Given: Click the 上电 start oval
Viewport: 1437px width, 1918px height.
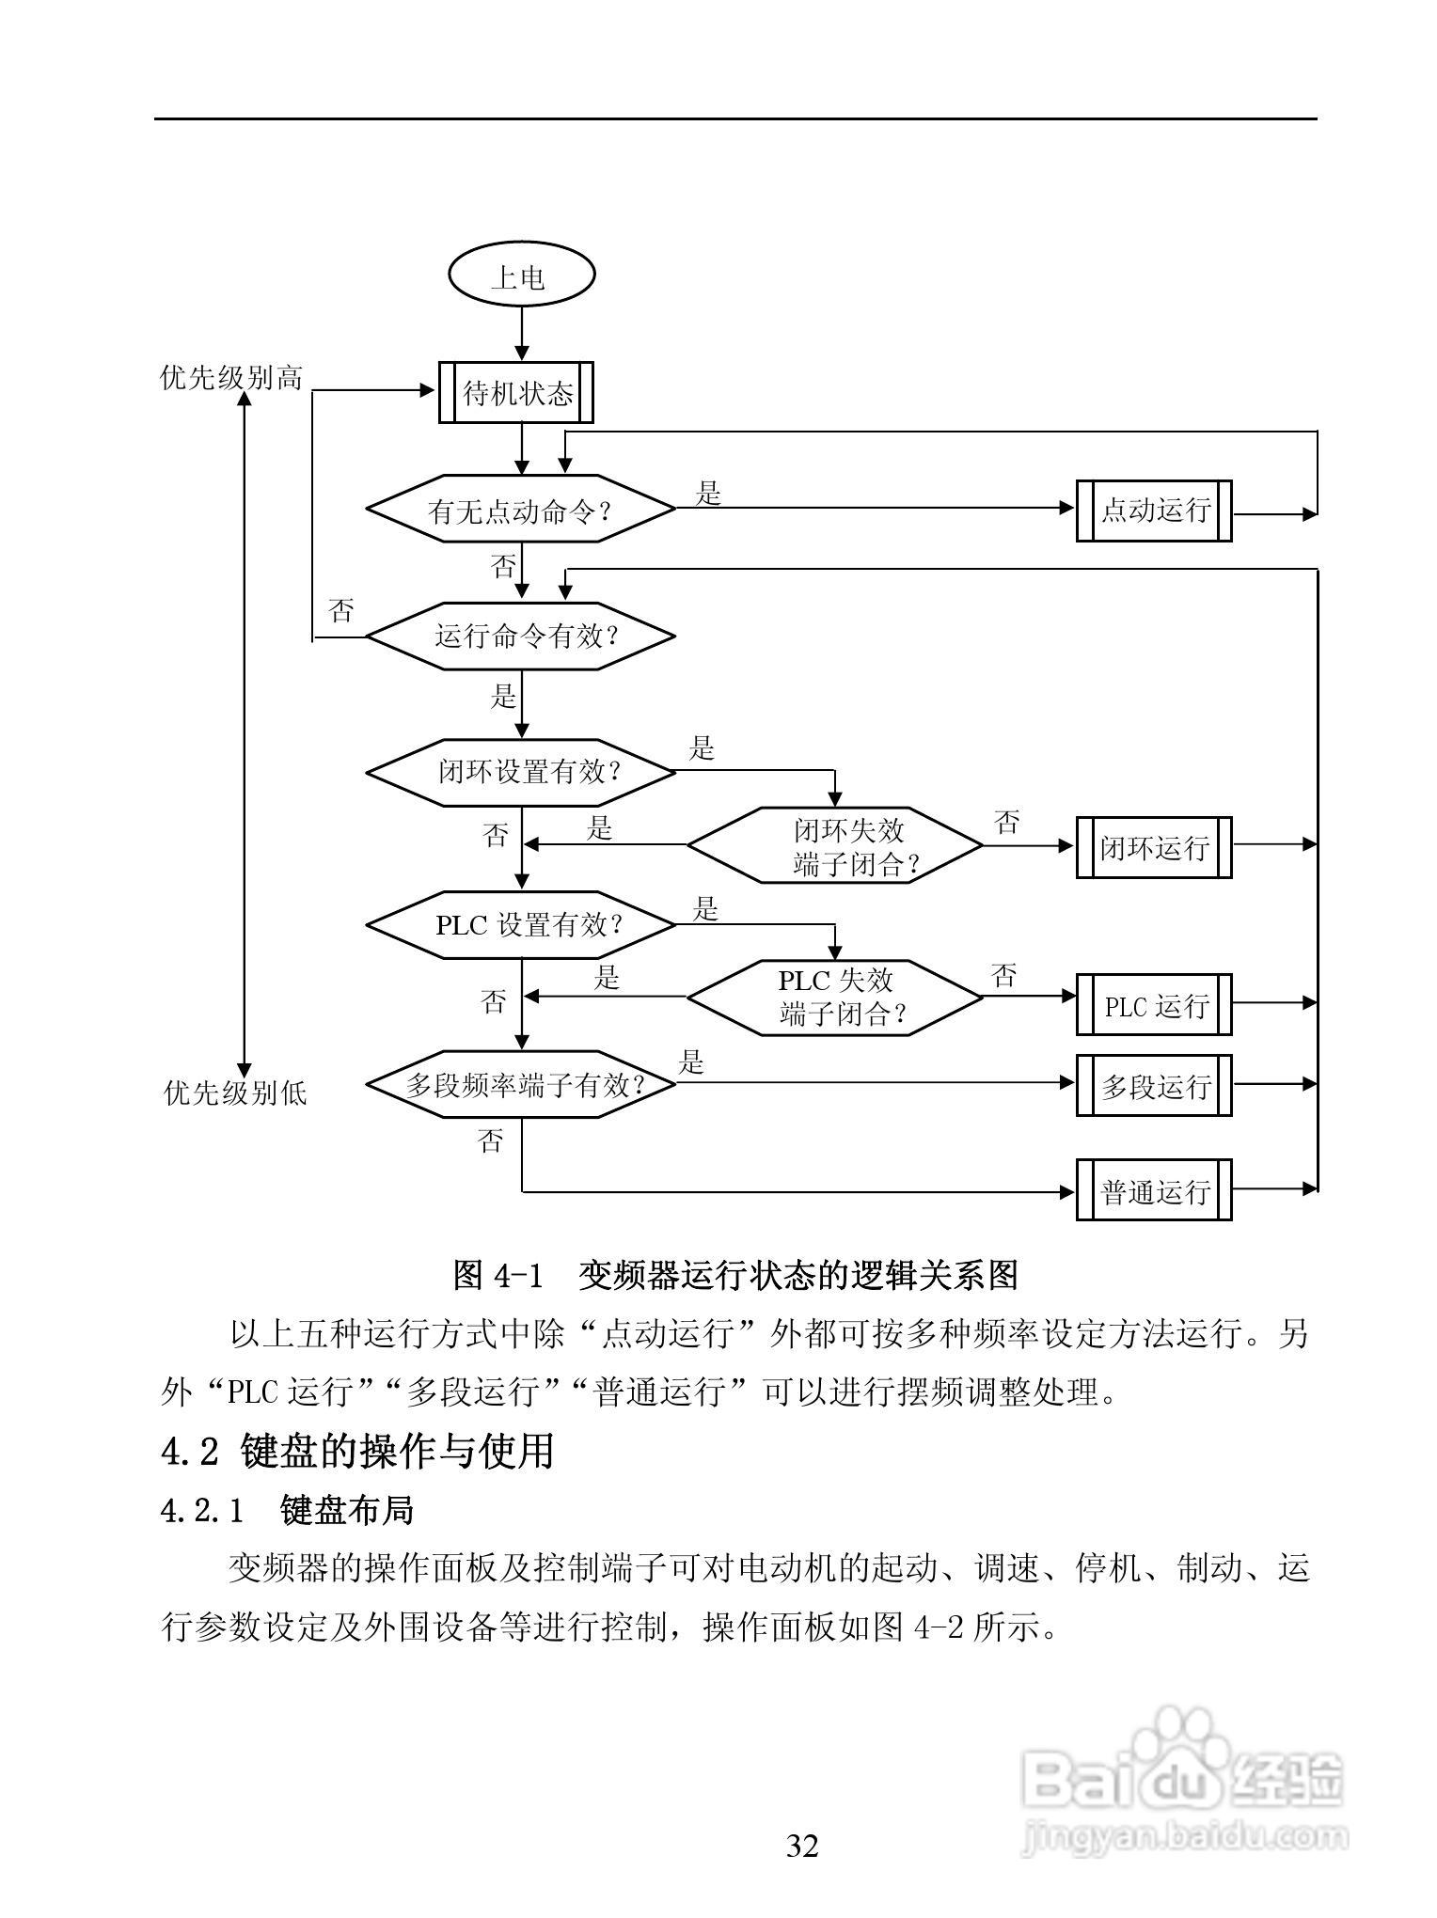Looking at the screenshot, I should pos(522,276).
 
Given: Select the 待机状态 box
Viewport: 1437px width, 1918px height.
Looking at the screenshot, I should pos(516,393).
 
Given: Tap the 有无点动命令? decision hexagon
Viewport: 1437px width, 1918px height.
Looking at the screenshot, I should pos(520,510).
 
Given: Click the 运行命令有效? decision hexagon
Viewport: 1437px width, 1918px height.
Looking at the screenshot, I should pos(520,637).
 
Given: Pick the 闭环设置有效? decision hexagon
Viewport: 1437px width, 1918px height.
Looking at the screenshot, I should pos(520,773).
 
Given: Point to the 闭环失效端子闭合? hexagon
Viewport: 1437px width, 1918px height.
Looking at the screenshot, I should pos(835,846).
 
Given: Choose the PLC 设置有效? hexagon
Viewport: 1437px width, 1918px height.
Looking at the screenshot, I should pos(520,925).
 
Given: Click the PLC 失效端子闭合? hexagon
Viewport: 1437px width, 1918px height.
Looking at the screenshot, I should pos(835,998).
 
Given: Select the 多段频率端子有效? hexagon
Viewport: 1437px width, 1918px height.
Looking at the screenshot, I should pos(520,1085).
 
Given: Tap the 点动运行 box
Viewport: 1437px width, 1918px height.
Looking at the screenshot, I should pos(1154,511).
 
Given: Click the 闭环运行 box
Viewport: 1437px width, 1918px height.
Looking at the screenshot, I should pos(1154,847).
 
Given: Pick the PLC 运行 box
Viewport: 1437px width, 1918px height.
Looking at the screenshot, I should pos(1154,1005).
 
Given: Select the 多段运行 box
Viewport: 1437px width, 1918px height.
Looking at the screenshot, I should pos(1154,1086).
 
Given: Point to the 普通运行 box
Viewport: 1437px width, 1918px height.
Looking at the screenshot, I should pos(1154,1190).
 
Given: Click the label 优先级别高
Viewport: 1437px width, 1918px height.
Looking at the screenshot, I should pos(231,378).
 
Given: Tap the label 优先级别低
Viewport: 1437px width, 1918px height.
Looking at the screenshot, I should pos(235,1093).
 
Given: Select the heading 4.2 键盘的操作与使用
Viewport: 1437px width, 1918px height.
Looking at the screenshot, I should pos(357,1451).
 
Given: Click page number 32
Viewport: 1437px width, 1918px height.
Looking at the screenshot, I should pos(802,1846).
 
